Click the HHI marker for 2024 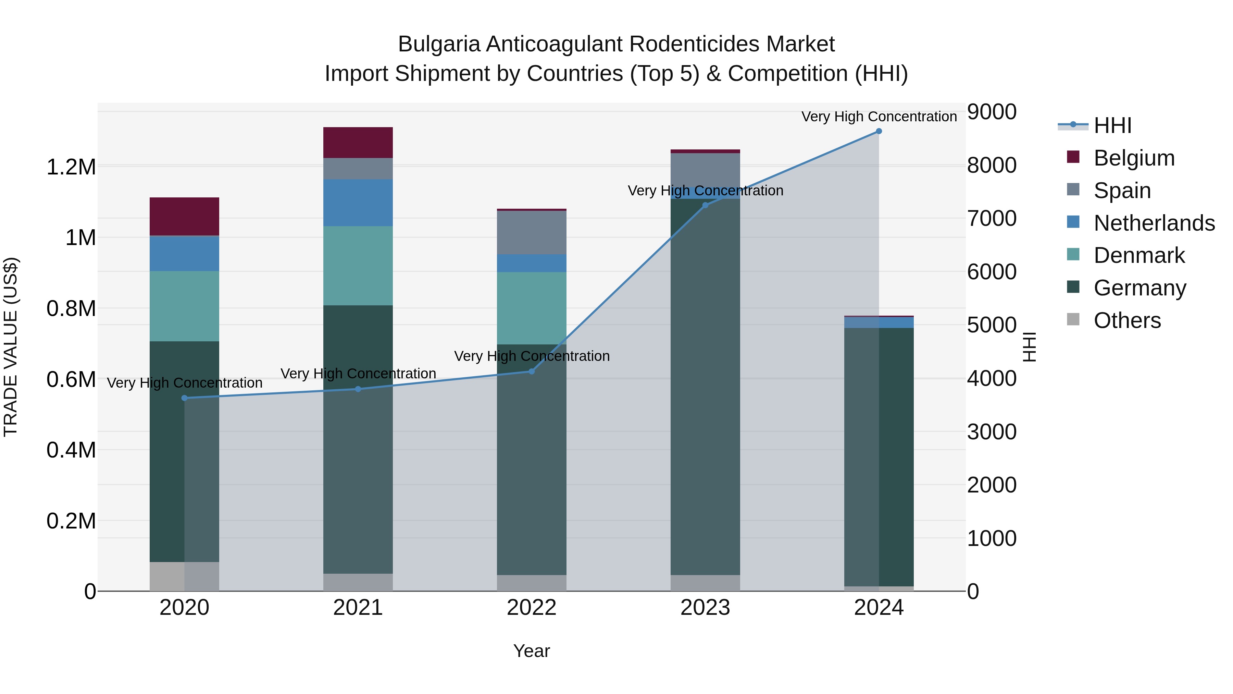879,131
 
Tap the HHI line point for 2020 185,398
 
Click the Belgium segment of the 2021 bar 358,143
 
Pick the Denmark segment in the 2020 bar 185,306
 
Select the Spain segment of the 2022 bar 532,233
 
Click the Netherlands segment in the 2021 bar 358,203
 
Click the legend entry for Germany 1139,288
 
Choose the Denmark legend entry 1139,256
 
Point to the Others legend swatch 1074,319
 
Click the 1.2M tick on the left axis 71,167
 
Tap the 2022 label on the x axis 532,608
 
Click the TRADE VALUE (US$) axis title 11,347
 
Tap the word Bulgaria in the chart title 439,45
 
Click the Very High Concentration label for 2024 879,117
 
